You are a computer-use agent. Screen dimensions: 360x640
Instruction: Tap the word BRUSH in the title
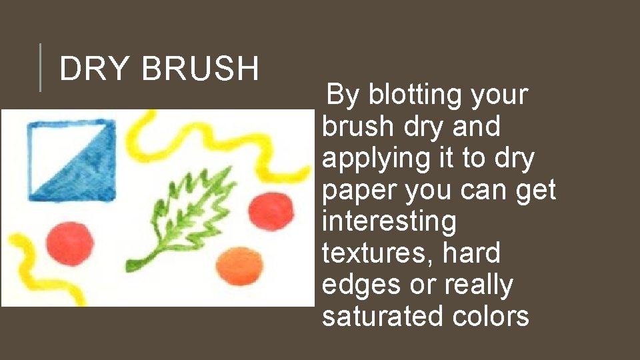point(200,69)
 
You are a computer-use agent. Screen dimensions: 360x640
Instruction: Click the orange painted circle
point(237,265)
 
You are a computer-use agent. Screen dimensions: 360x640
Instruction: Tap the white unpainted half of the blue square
point(53,143)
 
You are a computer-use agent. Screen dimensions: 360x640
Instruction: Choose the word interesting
point(389,221)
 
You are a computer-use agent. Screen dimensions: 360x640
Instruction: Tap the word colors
point(491,316)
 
